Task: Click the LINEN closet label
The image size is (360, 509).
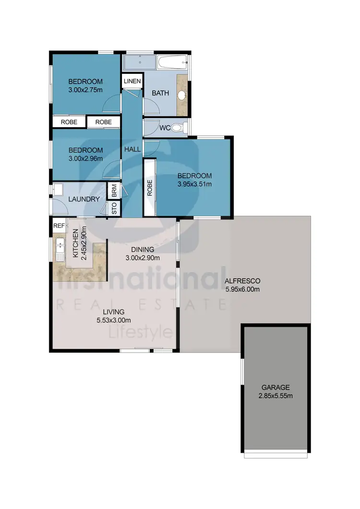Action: [132, 82]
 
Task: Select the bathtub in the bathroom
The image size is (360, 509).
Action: [172, 62]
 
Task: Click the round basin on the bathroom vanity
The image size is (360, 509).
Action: [182, 95]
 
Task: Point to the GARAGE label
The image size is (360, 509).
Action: [276, 387]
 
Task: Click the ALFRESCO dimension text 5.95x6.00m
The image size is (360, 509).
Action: [242, 289]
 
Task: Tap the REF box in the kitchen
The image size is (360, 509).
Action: [59, 225]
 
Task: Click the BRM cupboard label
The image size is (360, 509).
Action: [114, 191]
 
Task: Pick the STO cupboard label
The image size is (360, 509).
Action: [114, 209]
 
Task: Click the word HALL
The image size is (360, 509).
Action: [132, 149]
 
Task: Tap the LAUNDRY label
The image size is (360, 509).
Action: [84, 199]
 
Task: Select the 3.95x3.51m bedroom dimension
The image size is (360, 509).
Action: [194, 184]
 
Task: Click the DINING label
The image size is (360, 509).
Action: [143, 249]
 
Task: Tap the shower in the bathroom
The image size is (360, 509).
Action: [140, 62]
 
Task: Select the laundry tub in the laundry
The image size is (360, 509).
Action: [57, 189]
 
